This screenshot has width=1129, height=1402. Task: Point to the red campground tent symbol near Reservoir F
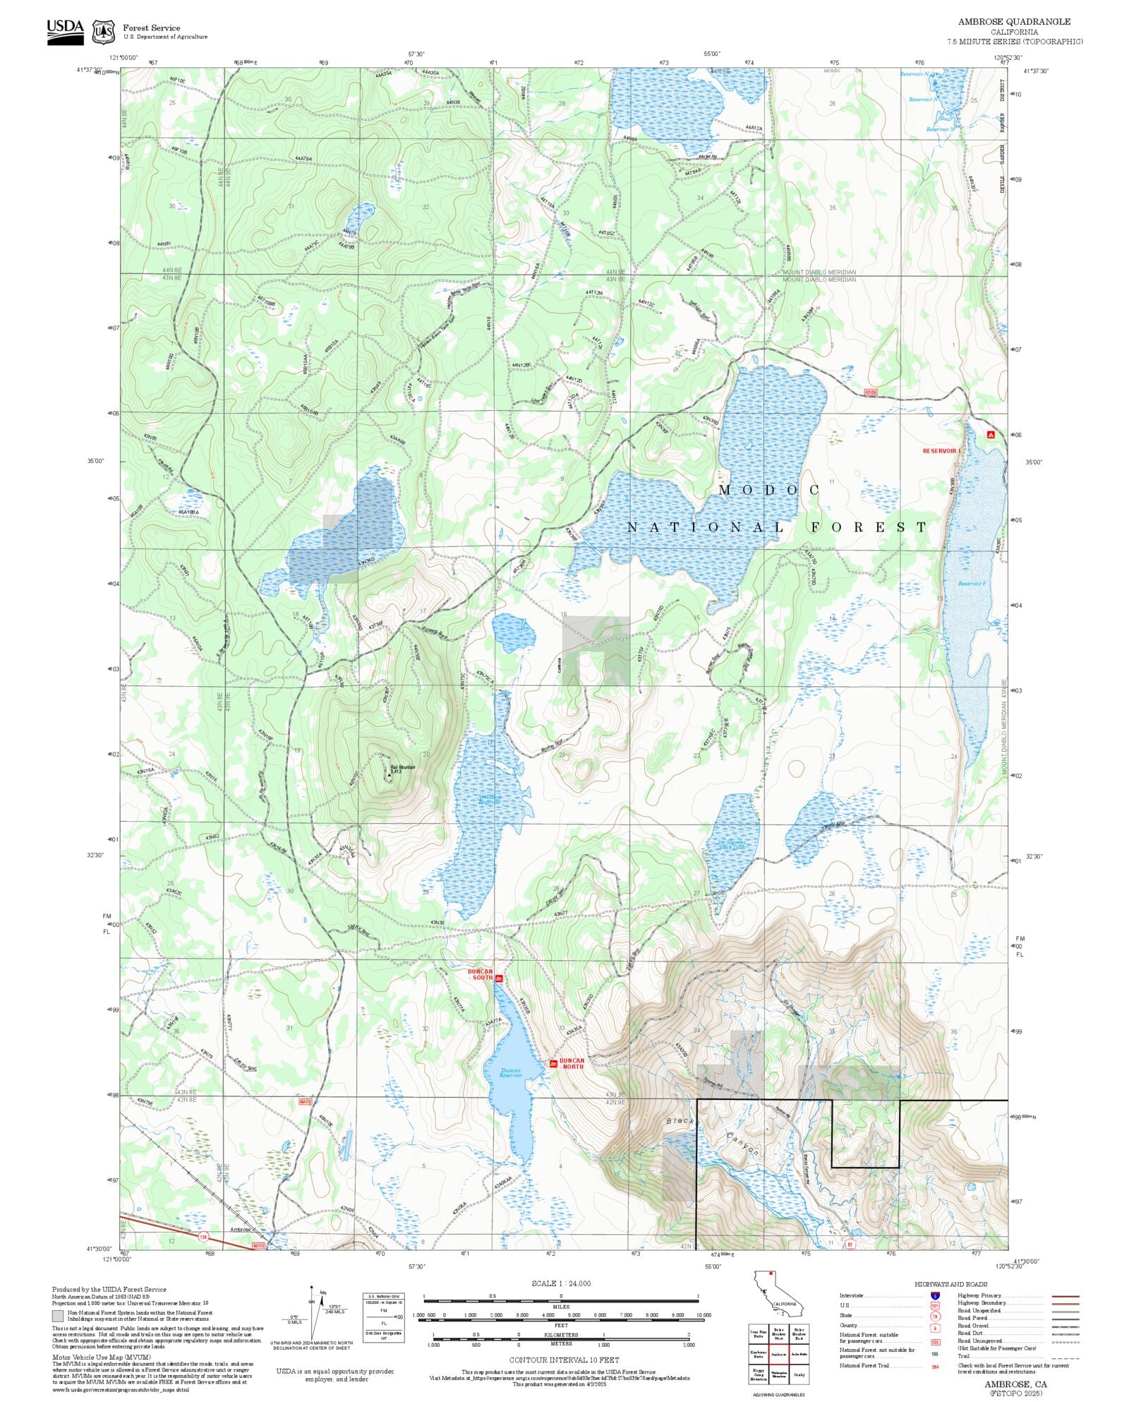click(991, 435)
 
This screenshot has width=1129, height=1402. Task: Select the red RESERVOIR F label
click(942, 450)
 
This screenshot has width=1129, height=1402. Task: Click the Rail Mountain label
click(403, 767)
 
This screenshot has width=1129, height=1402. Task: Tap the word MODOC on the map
click(769, 490)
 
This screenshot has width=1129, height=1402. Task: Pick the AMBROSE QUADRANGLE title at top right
click(1014, 22)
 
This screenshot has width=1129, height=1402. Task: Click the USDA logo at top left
click(65, 32)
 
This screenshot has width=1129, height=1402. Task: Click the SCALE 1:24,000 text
click(561, 1283)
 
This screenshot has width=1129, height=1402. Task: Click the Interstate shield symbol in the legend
click(935, 1296)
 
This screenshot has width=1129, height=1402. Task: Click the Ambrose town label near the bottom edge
click(241, 1229)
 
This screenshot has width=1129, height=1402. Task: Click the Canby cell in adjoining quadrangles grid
click(799, 1374)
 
